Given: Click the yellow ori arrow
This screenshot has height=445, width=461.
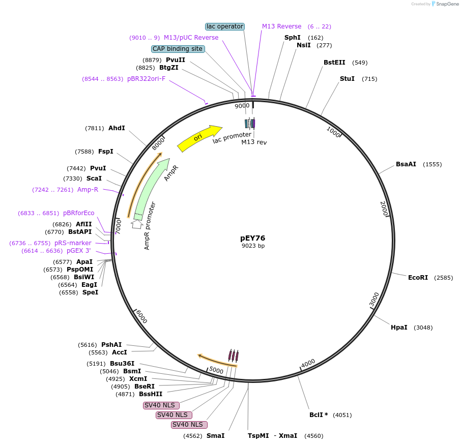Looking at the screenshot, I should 198,138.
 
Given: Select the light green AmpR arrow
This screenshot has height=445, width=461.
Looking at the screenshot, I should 152,188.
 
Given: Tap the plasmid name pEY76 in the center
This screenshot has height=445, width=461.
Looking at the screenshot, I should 253,238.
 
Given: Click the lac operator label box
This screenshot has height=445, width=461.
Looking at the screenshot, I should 225,26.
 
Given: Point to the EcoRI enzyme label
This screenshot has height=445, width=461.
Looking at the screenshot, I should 418,278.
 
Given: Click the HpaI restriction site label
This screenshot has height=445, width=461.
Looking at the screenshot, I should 399,328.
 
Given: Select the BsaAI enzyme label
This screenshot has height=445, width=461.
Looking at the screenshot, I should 406,164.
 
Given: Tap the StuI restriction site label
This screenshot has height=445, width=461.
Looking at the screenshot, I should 347,79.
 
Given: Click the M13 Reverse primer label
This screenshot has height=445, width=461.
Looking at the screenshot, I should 281,26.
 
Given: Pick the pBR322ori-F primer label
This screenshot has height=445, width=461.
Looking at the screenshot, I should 147,79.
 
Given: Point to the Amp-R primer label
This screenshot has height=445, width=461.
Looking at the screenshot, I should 88,190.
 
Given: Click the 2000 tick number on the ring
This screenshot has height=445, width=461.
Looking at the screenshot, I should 385,207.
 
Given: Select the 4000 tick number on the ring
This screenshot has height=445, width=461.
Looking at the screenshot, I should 308,363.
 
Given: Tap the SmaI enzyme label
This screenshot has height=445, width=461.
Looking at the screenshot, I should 215,436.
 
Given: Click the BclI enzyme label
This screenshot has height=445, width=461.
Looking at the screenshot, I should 319,415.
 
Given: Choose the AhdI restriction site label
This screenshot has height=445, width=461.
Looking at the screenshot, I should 117,128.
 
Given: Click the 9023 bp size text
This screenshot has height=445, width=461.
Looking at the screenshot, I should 253,246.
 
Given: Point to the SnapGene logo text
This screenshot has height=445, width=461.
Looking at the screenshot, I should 446,4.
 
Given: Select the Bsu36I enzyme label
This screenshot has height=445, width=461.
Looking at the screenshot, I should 122,364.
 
